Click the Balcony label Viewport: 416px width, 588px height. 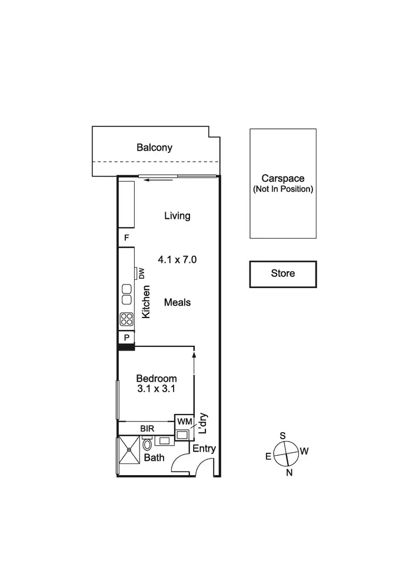(x=154, y=148)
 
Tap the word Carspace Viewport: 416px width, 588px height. (x=282, y=178)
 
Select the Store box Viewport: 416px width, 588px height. (x=283, y=274)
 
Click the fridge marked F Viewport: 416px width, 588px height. (x=127, y=238)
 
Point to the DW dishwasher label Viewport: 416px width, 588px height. (x=141, y=273)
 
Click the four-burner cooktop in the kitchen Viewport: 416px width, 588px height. (x=127, y=319)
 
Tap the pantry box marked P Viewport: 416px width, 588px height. (x=127, y=338)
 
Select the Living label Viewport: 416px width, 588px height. (x=177, y=216)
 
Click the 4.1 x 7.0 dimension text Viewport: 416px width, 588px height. (x=177, y=259)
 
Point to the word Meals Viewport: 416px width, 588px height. (x=177, y=302)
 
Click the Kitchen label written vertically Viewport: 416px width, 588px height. (x=147, y=302)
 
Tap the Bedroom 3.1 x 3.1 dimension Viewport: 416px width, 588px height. (x=157, y=389)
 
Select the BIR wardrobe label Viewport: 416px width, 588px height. (x=147, y=429)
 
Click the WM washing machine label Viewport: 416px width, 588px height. (x=184, y=422)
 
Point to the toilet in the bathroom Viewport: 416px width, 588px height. (x=147, y=445)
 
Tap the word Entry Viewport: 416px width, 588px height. (x=204, y=449)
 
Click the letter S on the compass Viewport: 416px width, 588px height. (x=282, y=436)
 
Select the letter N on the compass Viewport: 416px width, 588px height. (x=289, y=472)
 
